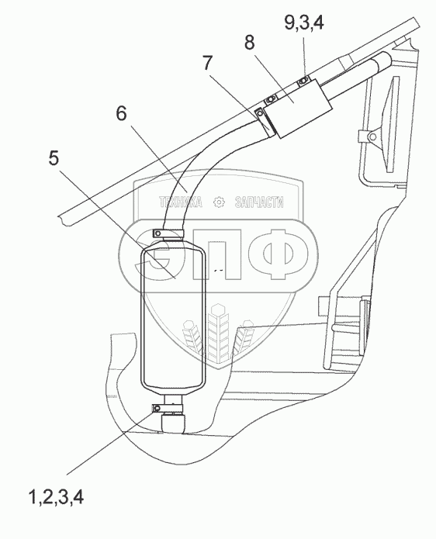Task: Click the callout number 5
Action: (x=54, y=158)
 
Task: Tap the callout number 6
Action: (x=121, y=113)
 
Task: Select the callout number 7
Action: (x=207, y=63)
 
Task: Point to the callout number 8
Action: (x=250, y=43)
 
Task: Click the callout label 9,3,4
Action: (x=304, y=22)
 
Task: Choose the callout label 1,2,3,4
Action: (x=56, y=497)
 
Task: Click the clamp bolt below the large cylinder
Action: (x=157, y=409)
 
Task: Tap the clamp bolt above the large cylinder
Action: (x=157, y=233)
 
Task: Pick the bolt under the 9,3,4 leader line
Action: (x=303, y=81)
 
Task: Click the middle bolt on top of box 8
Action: (x=271, y=100)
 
